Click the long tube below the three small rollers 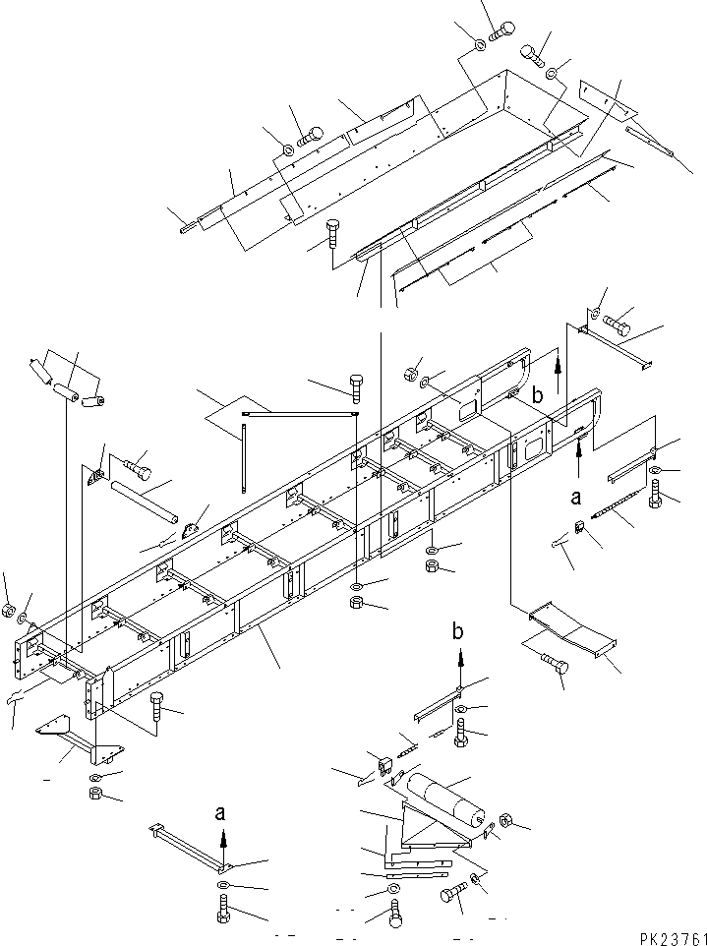click(x=144, y=500)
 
